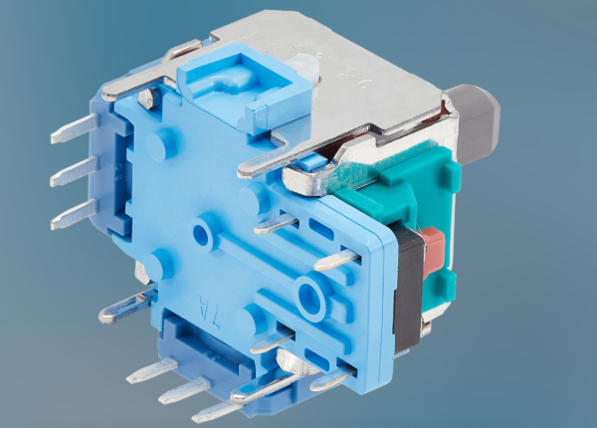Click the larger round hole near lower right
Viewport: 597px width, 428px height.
coord(310,296)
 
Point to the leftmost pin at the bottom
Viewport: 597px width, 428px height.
coord(149,373)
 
